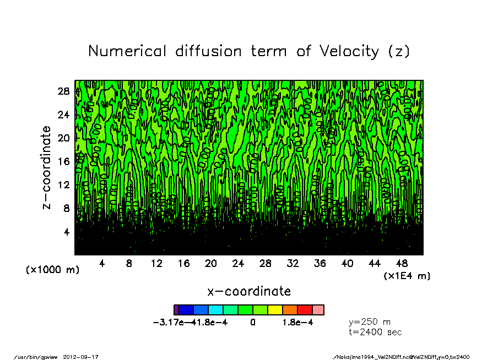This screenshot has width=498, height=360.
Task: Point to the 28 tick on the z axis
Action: click(64, 91)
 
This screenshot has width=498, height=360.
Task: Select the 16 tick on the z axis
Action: click(64, 161)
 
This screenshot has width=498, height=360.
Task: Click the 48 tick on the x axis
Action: click(402, 264)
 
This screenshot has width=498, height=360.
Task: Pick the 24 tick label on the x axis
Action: click(238, 264)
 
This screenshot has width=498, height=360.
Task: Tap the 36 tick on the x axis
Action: click(320, 264)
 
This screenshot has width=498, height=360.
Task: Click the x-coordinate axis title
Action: click(248, 291)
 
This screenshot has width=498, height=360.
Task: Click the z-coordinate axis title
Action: click(47, 167)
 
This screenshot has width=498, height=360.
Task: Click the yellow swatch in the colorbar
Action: click(275, 310)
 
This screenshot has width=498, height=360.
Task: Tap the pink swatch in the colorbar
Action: click(318, 310)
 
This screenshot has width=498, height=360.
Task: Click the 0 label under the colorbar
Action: click(253, 323)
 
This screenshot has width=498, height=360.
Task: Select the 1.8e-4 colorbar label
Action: click(297, 323)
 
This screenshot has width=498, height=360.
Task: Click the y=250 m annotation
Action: click(370, 321)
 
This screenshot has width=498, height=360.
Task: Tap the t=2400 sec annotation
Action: click(375, 332)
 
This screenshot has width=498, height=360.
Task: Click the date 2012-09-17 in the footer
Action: click(85, 357)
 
